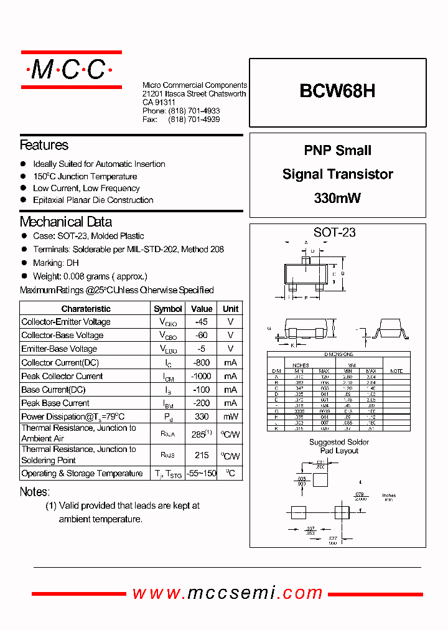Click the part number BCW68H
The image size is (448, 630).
pos(337,92)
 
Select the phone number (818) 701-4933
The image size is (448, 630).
pos(194,111)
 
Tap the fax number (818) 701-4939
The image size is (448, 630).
pos(194,120)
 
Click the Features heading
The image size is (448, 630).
pos(44,145)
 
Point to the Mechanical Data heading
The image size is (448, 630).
pos(66,222)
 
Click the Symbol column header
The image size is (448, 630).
pos(168,309)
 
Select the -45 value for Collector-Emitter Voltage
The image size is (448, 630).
pos(202,322)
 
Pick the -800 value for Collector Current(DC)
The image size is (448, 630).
pos(202,362)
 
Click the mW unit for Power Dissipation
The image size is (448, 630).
pos(231,416)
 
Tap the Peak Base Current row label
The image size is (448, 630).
pos(55,403)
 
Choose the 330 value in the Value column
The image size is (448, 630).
pos(202,416)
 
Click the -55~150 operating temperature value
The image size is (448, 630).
pos(202,474)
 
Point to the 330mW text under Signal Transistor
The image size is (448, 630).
pos(337,199)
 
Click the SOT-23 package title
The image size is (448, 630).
pos(335,233)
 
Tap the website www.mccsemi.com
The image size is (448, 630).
pos(228,593)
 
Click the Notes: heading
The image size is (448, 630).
pos(34,492)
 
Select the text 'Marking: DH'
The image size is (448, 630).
pos(56,263)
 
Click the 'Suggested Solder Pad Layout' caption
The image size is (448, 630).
pos(339,446)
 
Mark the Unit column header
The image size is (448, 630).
pos(231,309)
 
